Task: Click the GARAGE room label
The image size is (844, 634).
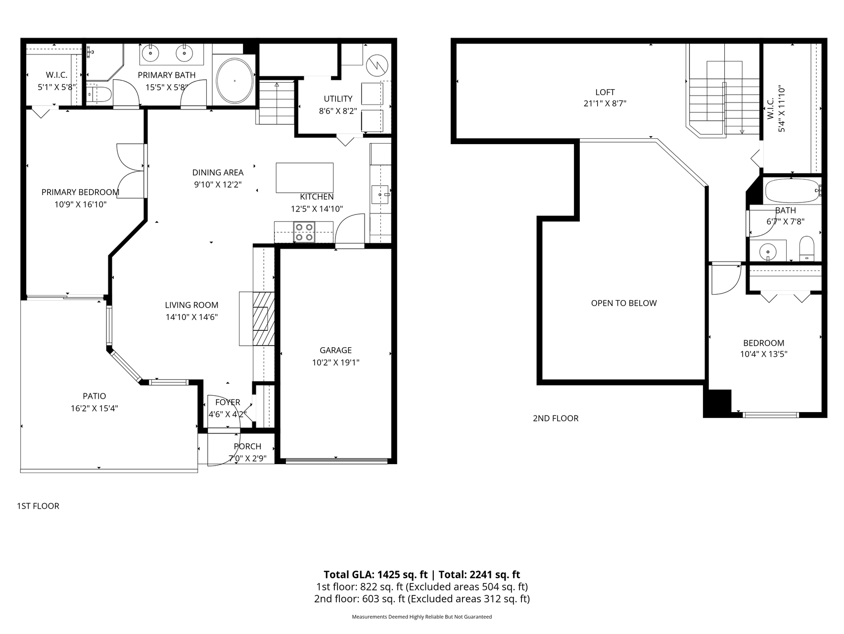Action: pos(335,350)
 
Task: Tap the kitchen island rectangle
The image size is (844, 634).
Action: pos(304,177)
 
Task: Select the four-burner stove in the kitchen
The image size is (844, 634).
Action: pos(304,232)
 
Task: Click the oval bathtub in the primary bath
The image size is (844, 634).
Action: pos(234,81)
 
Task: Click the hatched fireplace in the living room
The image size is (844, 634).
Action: pos(263,318)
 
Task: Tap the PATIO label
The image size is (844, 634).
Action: pos(94,396)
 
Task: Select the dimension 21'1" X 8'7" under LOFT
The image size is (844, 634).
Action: pos(605,104)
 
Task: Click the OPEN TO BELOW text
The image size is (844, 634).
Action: pos(623,303)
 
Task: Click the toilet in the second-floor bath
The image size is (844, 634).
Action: pos(806,248)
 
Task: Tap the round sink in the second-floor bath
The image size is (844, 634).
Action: pos(768,251)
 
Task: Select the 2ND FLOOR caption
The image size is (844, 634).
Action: pos(555,419)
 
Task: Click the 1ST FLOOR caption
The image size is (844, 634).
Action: pos(38,506)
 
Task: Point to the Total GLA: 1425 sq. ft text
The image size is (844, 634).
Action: pos(375,575)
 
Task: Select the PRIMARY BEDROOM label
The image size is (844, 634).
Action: pos(80,192)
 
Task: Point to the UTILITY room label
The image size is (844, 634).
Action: pos(338,99)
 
